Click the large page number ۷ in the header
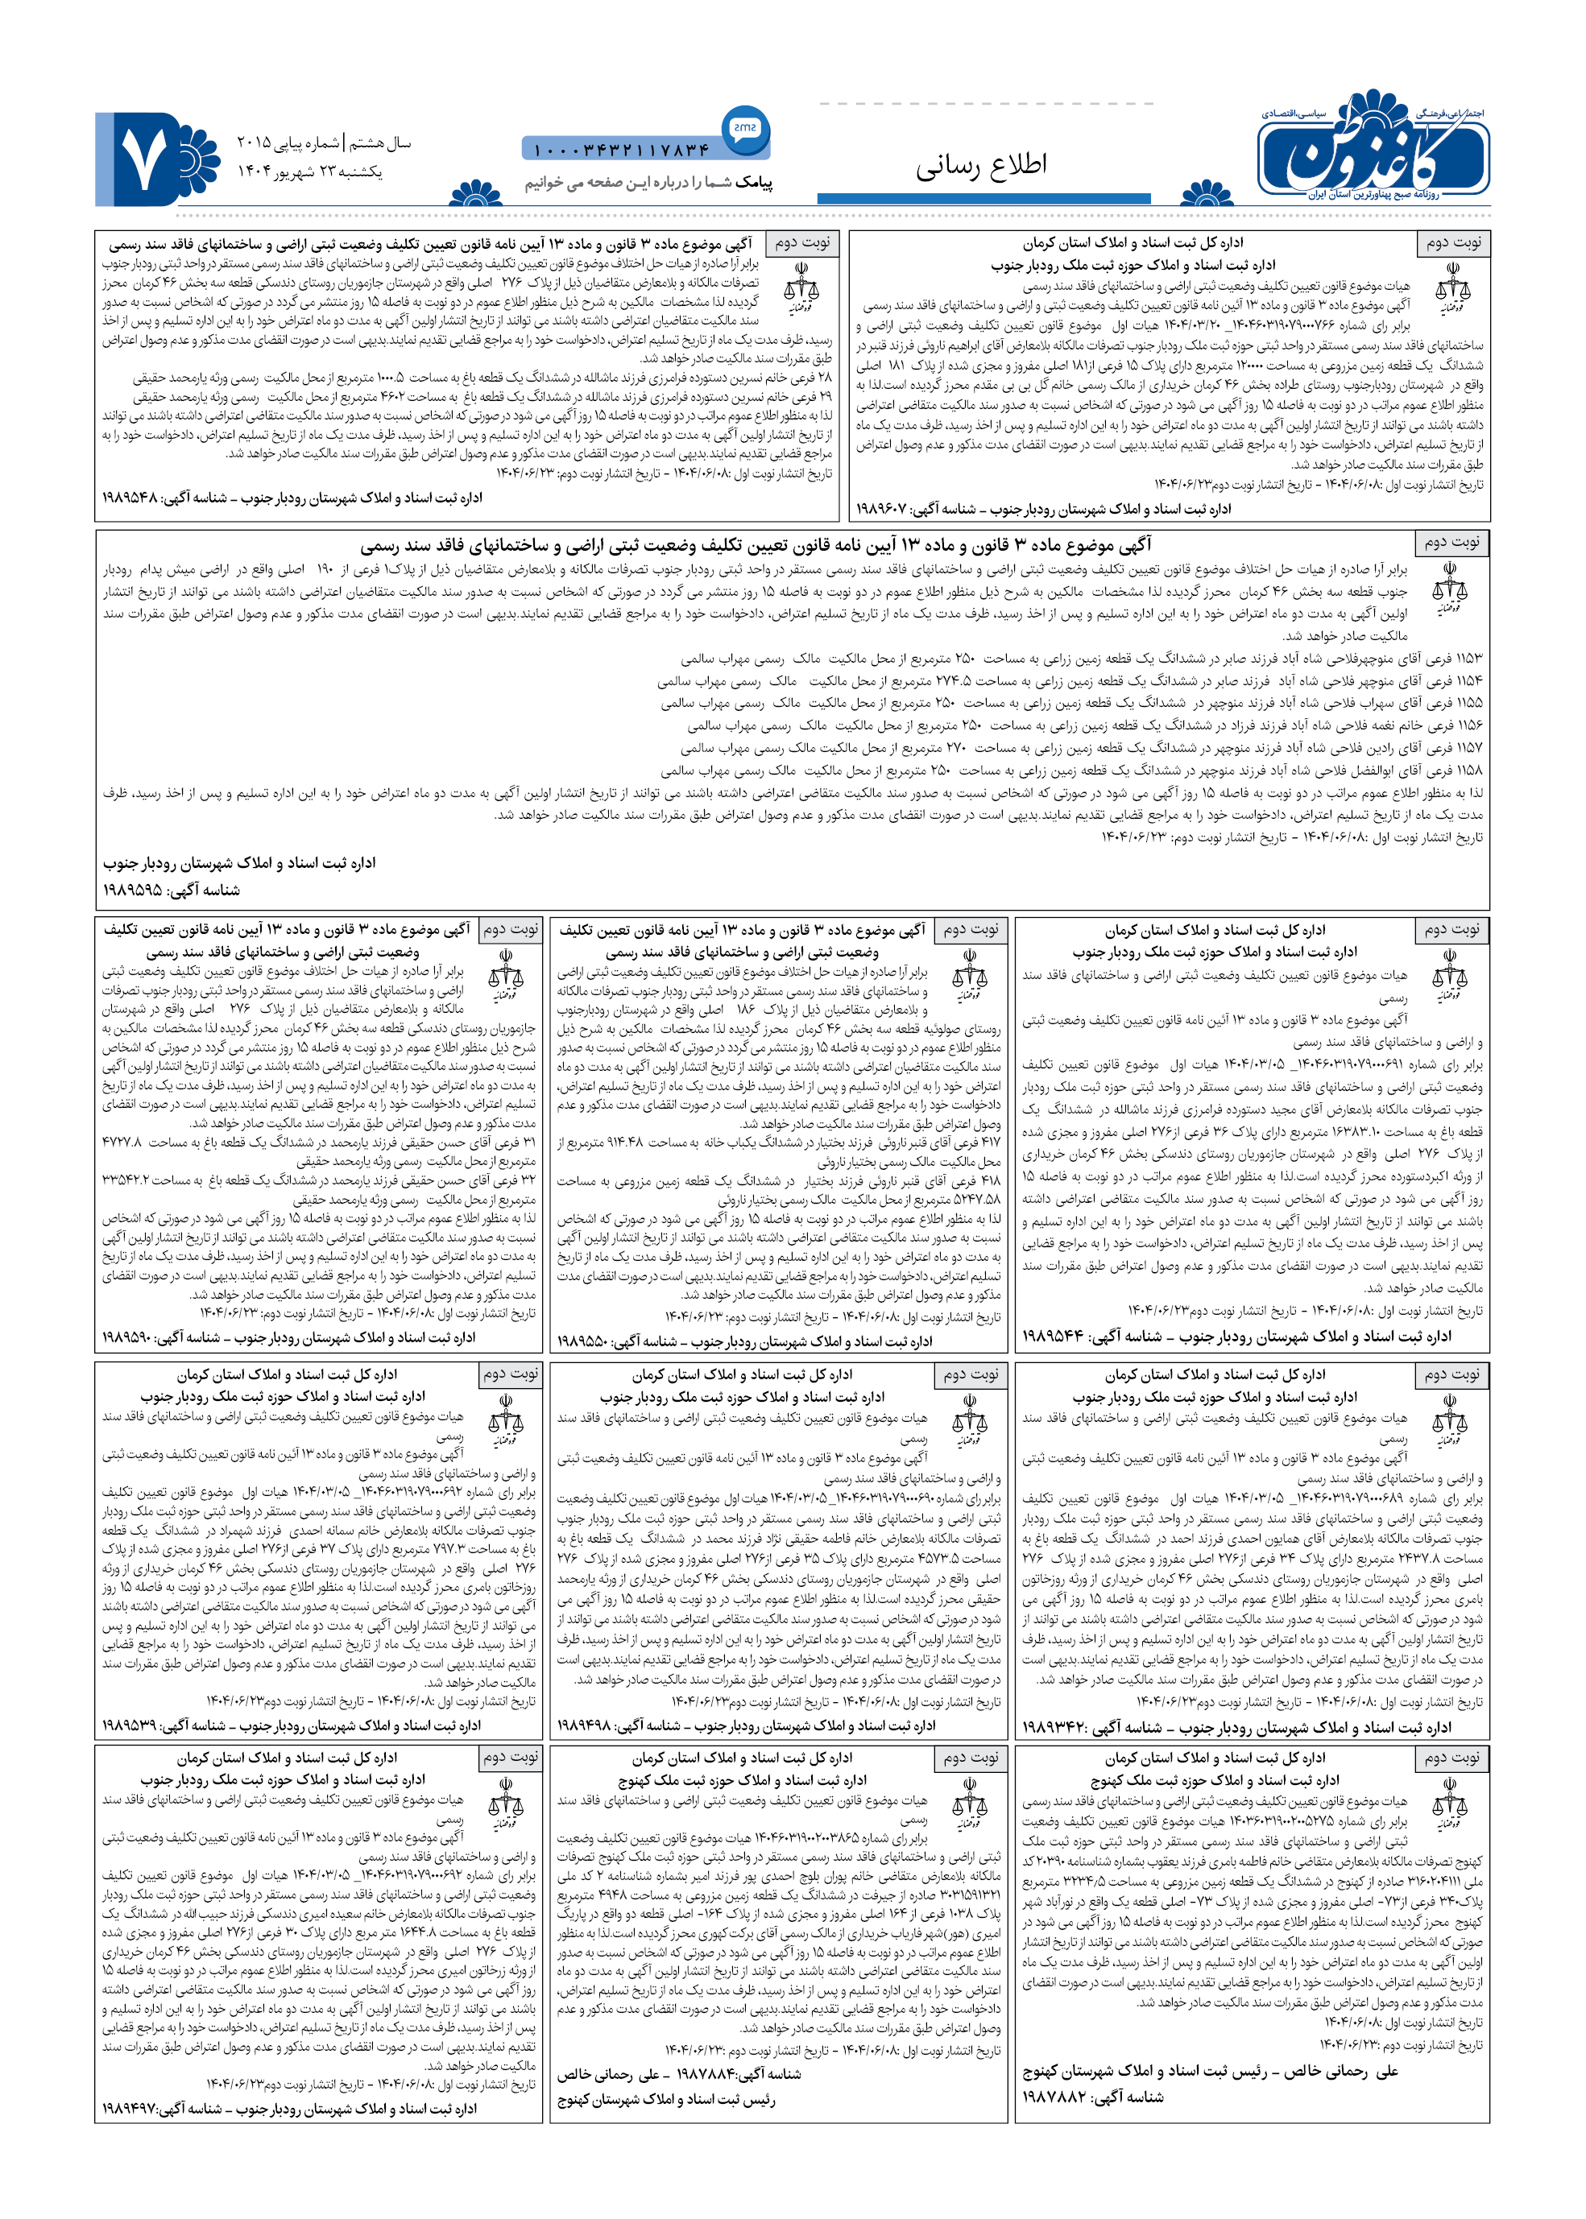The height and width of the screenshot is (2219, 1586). click(143, 158)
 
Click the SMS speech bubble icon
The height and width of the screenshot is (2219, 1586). click(744, 128)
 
